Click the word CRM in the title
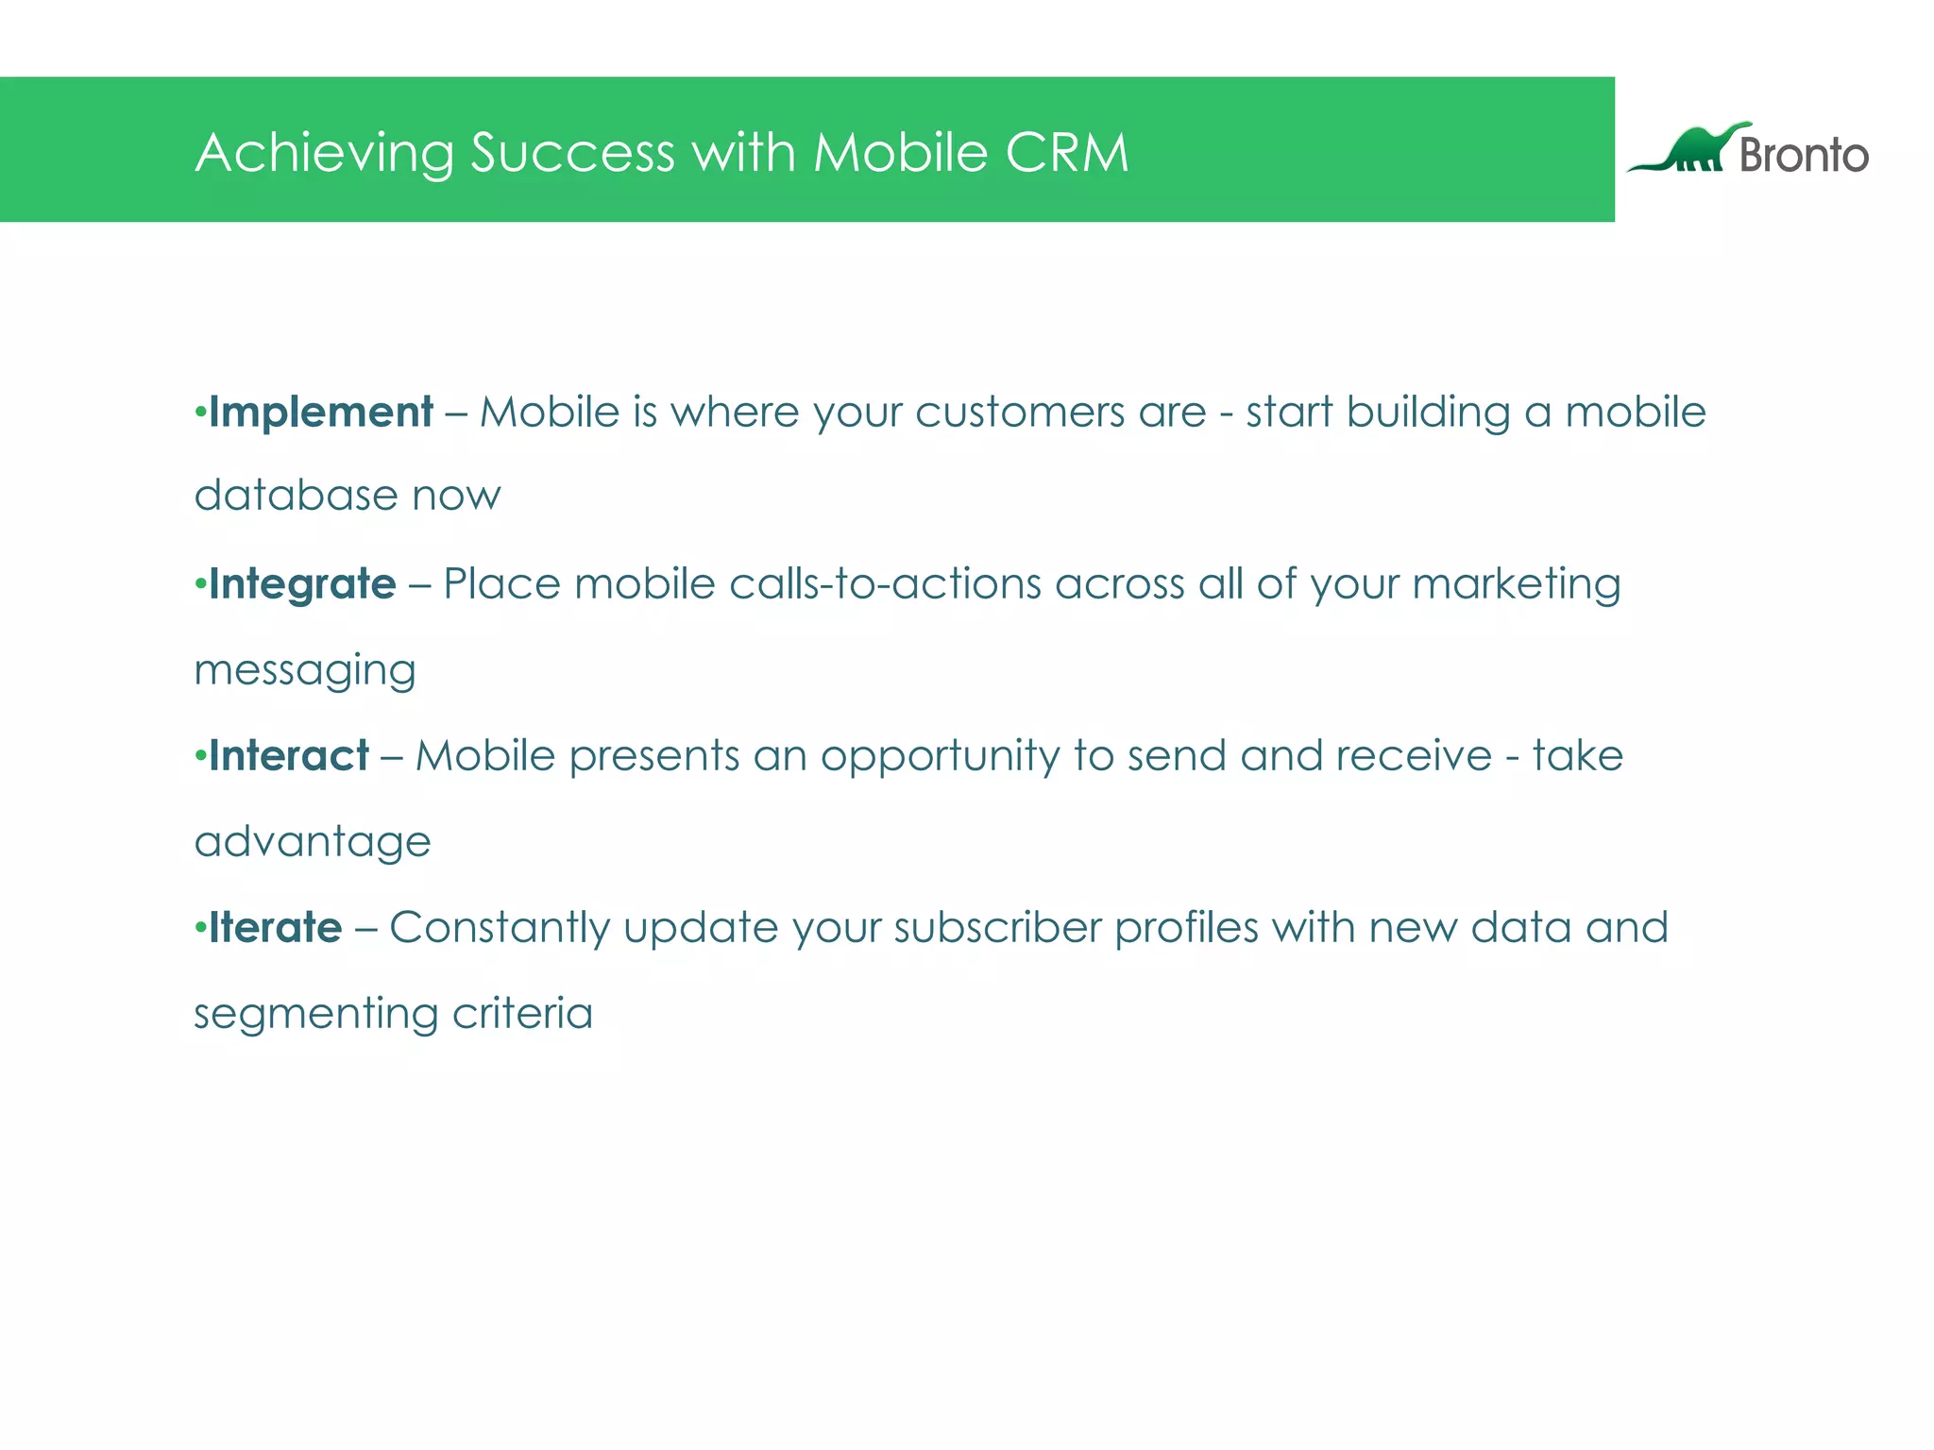[x=1066, y=152]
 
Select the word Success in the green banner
[x=572, y=152]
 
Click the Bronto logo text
[x=1804, y=155]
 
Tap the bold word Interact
[x=289, y=756]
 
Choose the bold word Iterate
[x=276, y=928]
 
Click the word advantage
[x=313, y=842]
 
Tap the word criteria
[x=522, y=1013]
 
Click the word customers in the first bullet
[x=1020, y=413]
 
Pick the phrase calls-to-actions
[x=885, y=584]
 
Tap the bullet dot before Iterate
[x=199, y=927]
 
